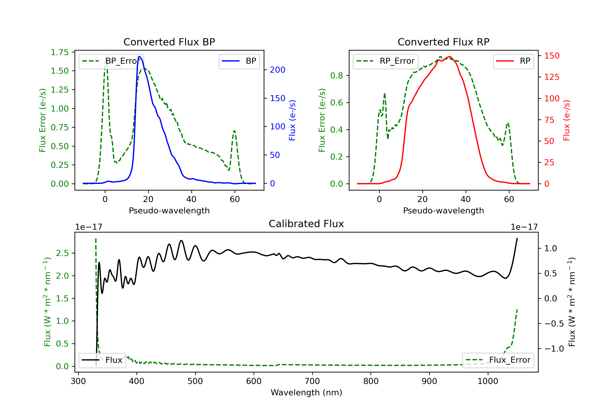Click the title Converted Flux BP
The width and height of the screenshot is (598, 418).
[169, 42]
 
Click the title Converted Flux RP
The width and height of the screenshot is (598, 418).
[443, 42]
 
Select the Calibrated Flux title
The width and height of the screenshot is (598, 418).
[306, 224]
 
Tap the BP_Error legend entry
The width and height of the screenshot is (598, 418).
[111, 61]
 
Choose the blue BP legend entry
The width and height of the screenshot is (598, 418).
[239, 61]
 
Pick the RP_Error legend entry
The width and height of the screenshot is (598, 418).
[386, 61]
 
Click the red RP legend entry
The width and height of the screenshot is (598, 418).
[513, 61]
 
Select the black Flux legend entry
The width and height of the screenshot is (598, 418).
[102, 360]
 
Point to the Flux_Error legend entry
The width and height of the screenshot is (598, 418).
[498, 360]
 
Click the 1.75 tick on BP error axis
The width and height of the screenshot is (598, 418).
[60, 52]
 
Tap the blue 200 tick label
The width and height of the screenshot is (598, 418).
[277, 70]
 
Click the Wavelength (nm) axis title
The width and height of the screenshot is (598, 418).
[306, 393]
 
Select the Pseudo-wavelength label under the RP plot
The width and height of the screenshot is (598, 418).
[443, 210]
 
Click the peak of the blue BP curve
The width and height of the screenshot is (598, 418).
[140, 57]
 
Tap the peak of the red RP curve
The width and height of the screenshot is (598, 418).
[449, 57]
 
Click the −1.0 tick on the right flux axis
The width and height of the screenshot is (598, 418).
[554, 349]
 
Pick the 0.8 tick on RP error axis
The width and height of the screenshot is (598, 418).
[336, 75]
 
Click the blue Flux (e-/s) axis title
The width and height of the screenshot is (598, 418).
[292, 120]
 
